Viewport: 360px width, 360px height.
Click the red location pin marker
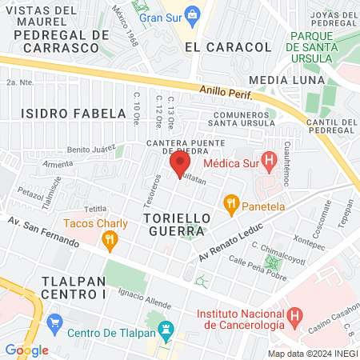point(176,165)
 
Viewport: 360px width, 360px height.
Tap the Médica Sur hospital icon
point(270,163)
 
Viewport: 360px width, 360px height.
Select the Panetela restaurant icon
point(232,204)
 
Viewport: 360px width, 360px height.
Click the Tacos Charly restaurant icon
point(110,238)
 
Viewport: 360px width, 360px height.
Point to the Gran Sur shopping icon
point(192,14)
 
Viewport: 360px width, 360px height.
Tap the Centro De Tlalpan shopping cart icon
point(55,323)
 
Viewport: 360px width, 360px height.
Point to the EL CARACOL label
point(228,47)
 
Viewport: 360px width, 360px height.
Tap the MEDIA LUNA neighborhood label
point(287,80)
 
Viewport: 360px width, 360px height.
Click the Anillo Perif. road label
point(226,94)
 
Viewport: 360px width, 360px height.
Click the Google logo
point(26,350)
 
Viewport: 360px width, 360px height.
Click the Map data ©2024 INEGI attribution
point(311,353)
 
